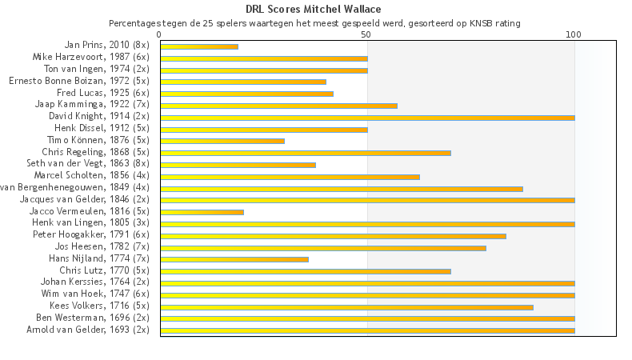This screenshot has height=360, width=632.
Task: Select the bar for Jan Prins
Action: point(199,46)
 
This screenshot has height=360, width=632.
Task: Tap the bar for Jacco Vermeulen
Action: point(202,212)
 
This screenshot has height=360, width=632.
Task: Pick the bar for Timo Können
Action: point(222,141)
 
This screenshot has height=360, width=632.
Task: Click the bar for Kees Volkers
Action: point(346,306)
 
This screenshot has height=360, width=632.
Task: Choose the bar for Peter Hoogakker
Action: point(333,236)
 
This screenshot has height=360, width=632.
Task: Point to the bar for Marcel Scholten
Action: point(290,177)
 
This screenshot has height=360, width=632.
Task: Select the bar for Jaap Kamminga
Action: point(278,106)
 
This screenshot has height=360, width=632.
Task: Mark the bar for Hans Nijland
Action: point(234,259)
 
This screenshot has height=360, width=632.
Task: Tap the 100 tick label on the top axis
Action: point(574,34)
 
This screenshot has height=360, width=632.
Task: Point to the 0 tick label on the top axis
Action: point(160,34)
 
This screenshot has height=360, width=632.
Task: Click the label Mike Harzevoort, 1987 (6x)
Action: point(90,58)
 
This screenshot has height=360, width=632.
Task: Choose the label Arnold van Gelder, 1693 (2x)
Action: point(88,330)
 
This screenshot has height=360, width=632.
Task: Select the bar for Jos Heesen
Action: point(323,248)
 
